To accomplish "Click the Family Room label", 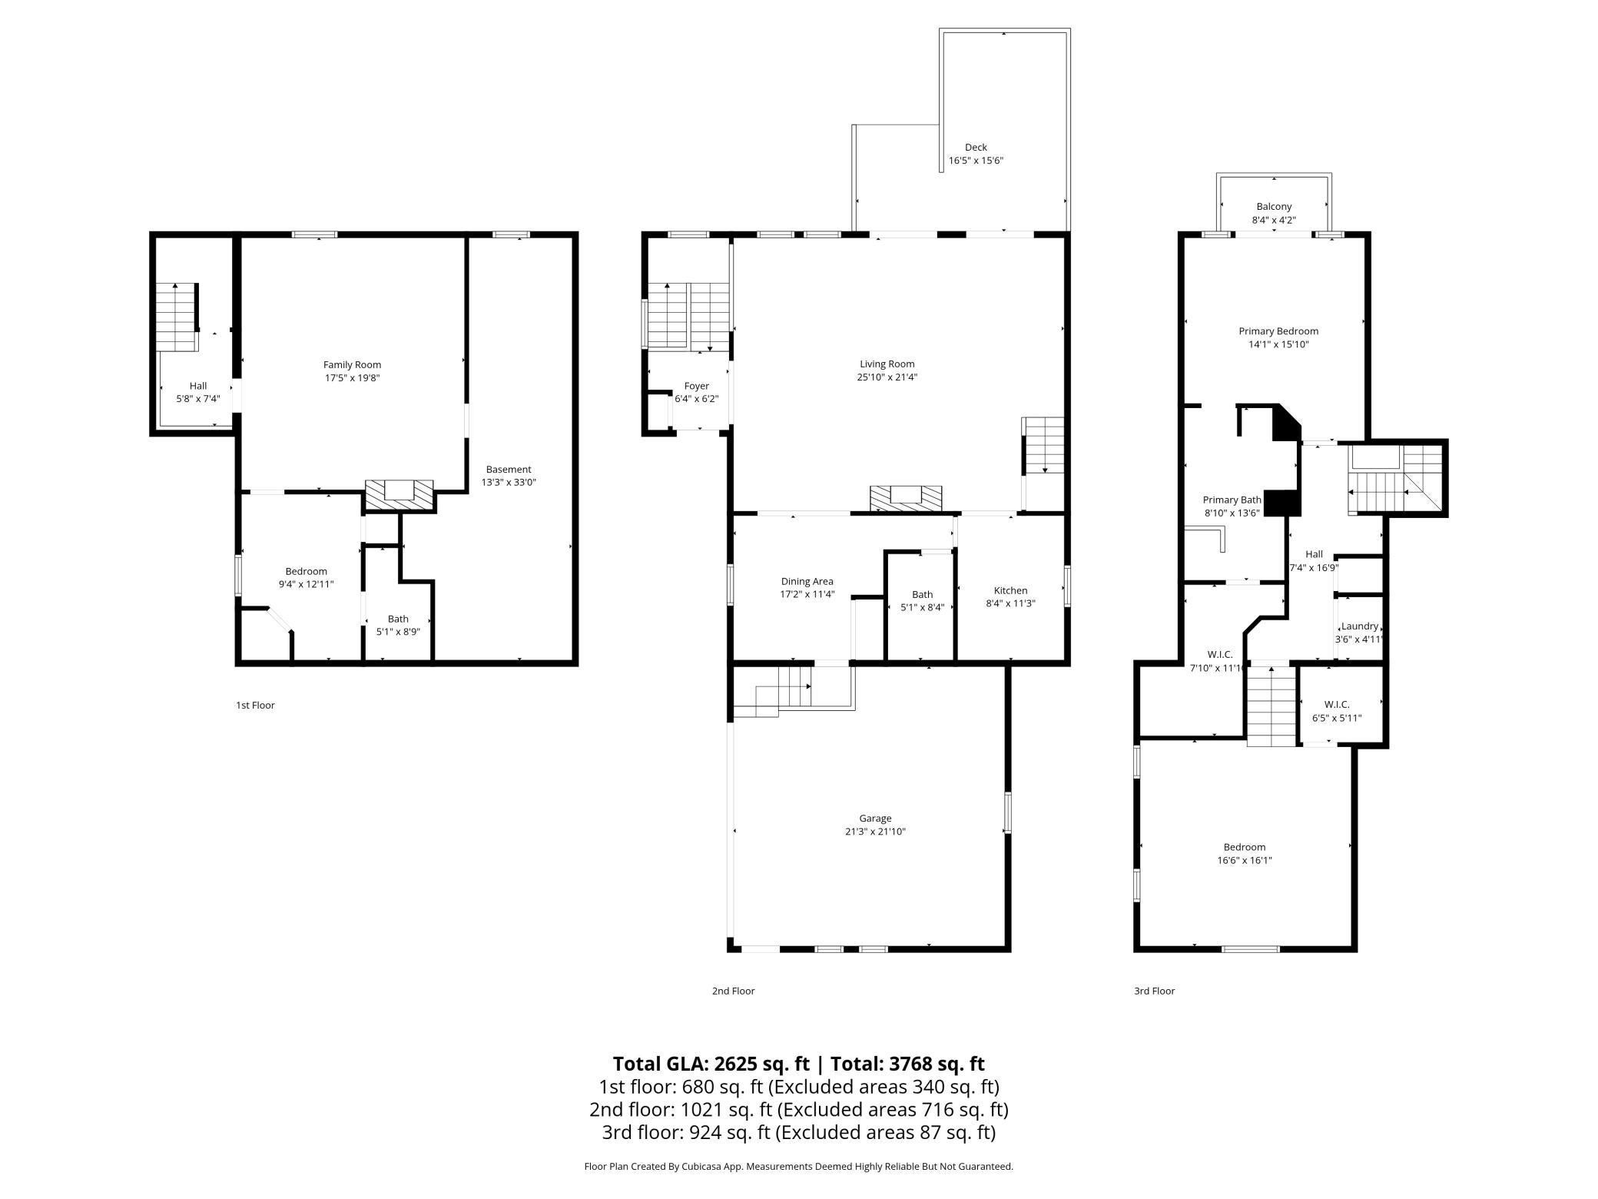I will pyautogui.click(x=352, y=365).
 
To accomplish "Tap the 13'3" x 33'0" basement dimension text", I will pyautogui.click(x=508, y=483).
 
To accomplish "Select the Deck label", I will pyautogui.click(x=976, y=148).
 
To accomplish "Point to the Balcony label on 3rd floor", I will pyautogui.click(x=1274, y=207).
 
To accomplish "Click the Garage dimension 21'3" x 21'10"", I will pyautogui.click(x=875, y=832).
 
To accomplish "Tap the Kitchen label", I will pyautogui.click(x=1010, y=590).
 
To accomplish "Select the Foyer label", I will pyautogui.click(x=696, y=386).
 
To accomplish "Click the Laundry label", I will pyautogui.click(x=1359, y=626).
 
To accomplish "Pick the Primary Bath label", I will pyautogui.click(x=1232, y=500).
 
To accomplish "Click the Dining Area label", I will pyautogui.click(x=807, y=581).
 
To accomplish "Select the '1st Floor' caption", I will pyautogui.click(x=255, y=705).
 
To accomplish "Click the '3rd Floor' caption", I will pyautogui.click(x=1154, y=991).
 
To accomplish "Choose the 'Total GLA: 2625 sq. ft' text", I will pyautogui.click(x=711, y=1064).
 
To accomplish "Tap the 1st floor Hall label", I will pyautogui.click(x=198, y=386).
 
